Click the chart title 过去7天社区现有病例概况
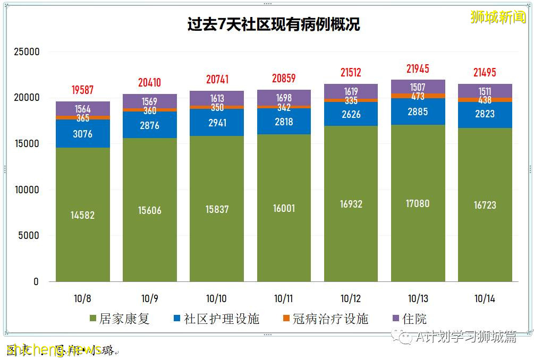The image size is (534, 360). [x=273, y=24]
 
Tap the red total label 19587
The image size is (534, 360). [x=82, y=90]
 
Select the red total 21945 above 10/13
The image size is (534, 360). [x=418, y=69]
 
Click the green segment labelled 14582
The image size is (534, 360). [x=82, y=215]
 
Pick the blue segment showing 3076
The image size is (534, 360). [x=82, y=134]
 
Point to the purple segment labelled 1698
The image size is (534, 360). [x=284, y=97]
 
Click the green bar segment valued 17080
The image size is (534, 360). [x=418, y=203]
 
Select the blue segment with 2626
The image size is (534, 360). [x=351, y=114]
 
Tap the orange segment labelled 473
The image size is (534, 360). [x=418, y=96]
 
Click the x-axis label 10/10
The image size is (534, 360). [x=216, y=299]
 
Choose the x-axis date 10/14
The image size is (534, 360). [x=485, y=299]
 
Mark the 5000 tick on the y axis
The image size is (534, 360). [x=29, y=236]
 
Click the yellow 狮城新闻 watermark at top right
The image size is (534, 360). [x=497, y=17]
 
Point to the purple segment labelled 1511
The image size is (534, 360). [x=485, y=90]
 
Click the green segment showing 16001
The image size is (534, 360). [x=284, y=208]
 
